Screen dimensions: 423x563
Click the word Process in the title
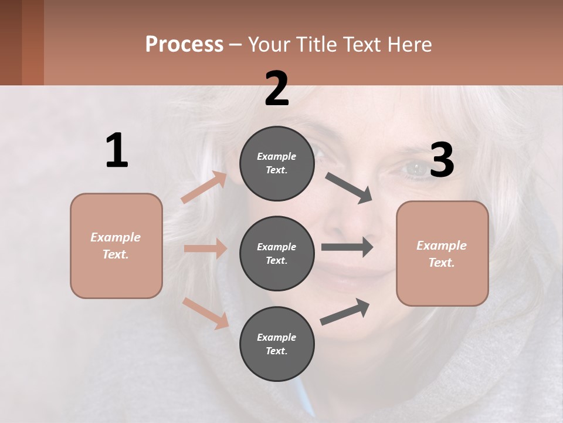pos(184,45)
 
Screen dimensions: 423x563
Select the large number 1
pos(117,150)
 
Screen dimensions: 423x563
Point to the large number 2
pos(277,89)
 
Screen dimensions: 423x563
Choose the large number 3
pos(442,160)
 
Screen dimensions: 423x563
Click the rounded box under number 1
pos(116,246)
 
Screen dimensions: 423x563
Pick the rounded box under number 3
pos(442,254)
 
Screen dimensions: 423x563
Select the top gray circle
pos(277,163)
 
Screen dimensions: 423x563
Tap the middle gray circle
pos(277,253)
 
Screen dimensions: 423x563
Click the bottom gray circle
pos(277,344)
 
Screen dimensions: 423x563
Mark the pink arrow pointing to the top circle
pos(204,187)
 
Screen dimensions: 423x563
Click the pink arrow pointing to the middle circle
pos(205,249)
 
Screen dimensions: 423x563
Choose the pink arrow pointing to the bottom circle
pos(206,313)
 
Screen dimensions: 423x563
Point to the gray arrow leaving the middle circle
pos(347,247)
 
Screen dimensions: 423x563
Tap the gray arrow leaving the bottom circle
pos(345,311)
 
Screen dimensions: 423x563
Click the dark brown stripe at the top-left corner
pos(11,42)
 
